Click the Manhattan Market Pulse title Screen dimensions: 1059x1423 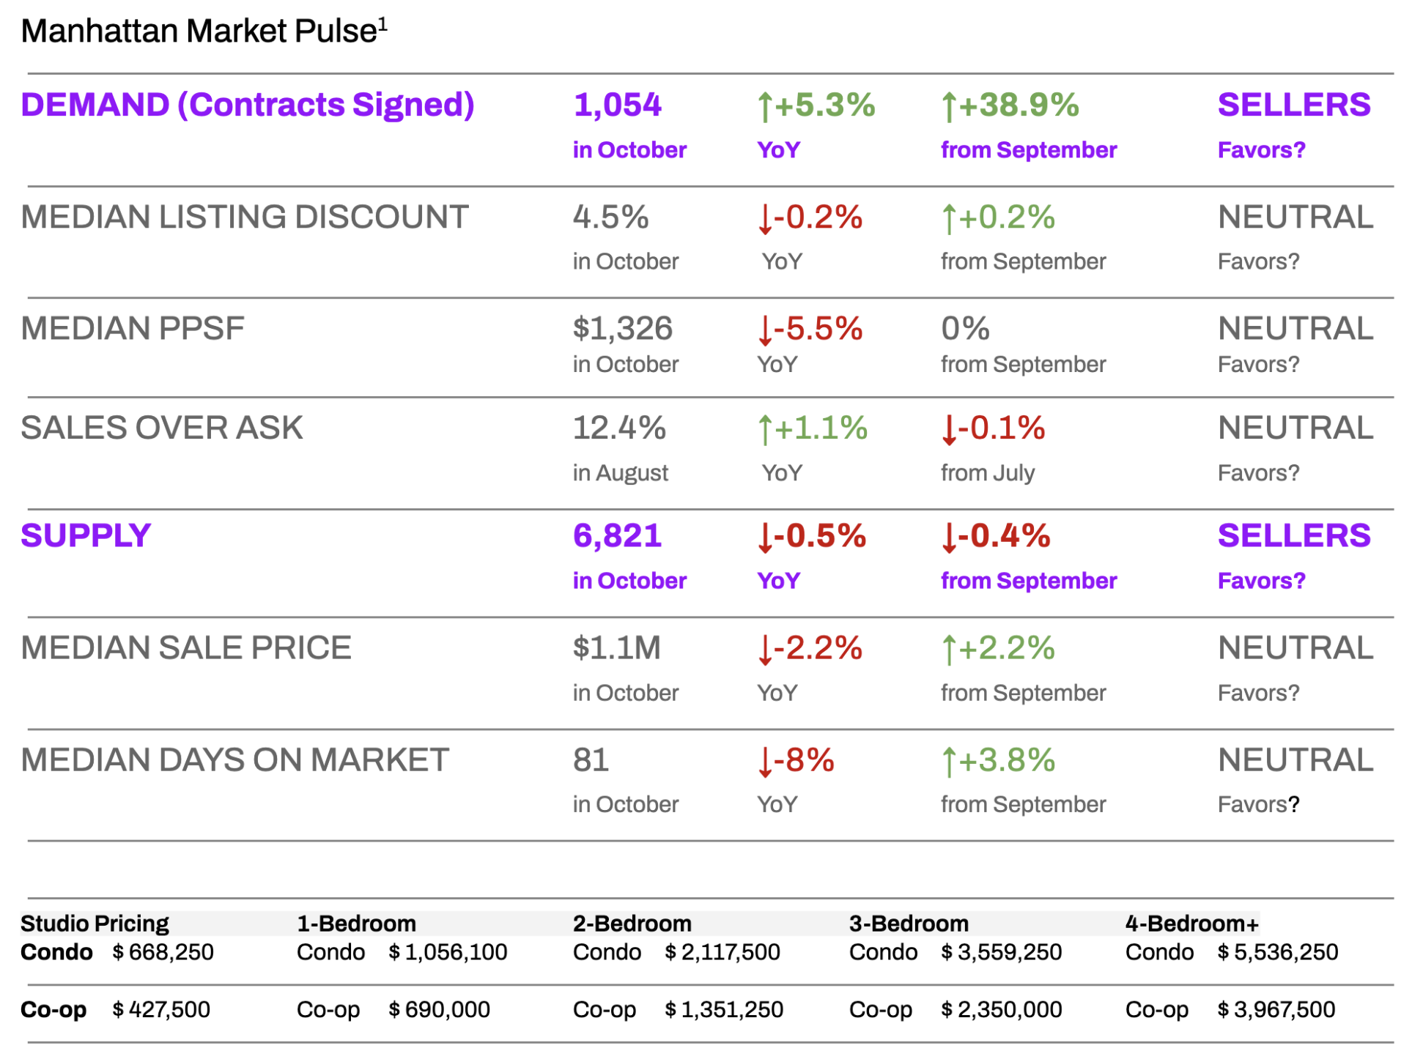pos(199,31)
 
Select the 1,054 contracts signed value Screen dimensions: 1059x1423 pos(617,105)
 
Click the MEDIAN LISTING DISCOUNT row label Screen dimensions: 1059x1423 pos(245,217)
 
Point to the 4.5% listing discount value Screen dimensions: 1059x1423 pos(610,218)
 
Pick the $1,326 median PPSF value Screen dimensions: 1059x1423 pos(622,328)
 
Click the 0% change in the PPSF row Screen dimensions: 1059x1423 pos(965,329)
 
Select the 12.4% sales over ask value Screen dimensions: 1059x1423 pos(618,428)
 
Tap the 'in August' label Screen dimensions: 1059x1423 pos(620,473)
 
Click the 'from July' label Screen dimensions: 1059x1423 pos(987,473)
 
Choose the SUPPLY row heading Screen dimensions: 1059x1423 pos(86,535)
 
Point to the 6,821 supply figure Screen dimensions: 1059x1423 pos(617,536)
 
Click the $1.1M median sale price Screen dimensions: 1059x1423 pos(616,648)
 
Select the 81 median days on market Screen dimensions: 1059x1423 pos(591,760)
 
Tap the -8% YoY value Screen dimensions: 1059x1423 pos(796,760)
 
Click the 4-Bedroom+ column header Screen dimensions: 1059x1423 pos(1191,924)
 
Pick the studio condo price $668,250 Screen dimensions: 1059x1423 pos(163,952)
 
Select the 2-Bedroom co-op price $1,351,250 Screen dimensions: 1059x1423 pos(724,1010)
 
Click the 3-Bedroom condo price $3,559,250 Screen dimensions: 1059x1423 pos(1001,952)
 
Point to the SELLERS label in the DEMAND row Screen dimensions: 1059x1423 pos(1293,105)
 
